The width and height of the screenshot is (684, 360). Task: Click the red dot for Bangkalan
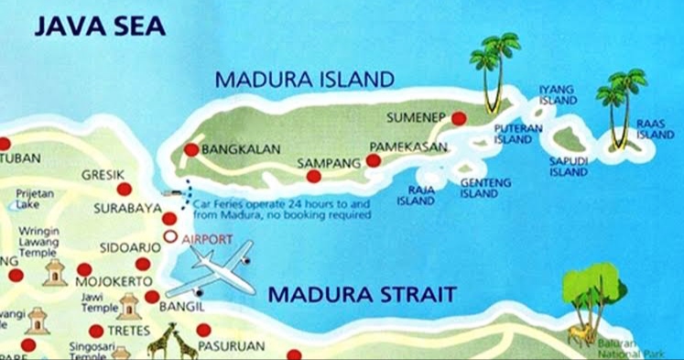coord(190,150)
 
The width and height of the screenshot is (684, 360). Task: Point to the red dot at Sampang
coord(313,176)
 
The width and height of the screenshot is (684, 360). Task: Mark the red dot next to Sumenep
coord(459,118)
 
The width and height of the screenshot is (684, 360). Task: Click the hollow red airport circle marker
coord(169,237)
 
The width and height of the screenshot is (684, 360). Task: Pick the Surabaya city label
coord(126,209)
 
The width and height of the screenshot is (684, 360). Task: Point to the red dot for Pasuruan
coord(203,330)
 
